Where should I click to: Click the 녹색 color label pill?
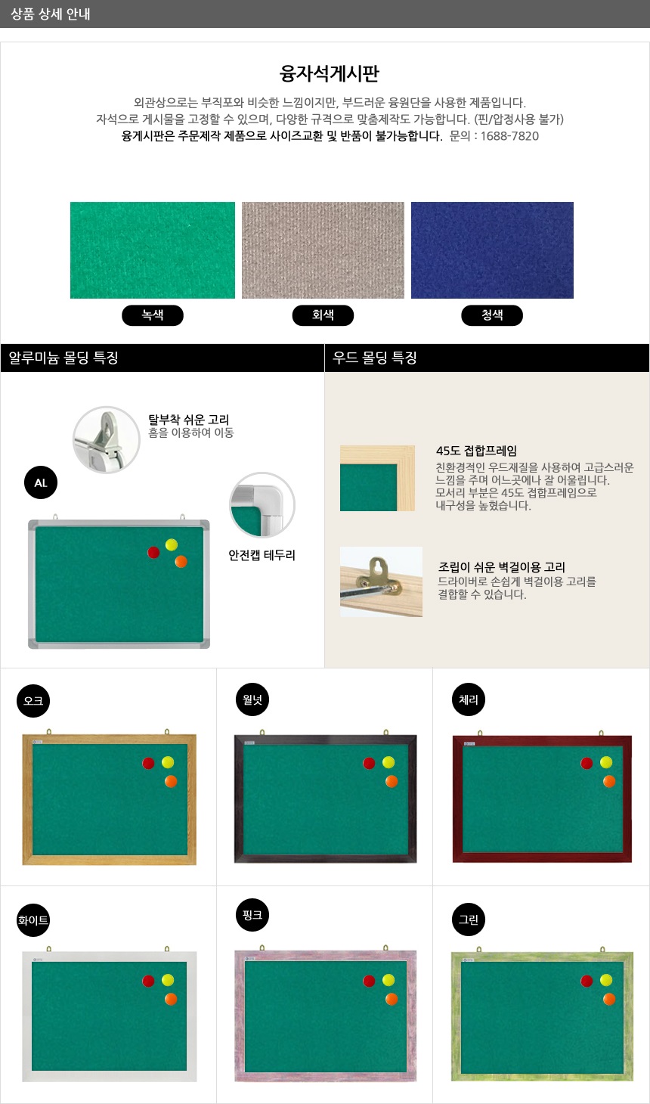152,315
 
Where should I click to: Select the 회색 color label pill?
323,315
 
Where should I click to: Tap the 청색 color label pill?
492,315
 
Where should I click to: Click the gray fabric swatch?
323,250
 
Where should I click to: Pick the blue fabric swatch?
492,250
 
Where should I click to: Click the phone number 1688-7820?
509,136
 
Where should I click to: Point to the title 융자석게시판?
330,73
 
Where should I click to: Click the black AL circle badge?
41,482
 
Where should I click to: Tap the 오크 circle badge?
33,700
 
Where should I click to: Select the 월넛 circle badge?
252,699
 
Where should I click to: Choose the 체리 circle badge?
469,699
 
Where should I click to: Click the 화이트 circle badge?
33,920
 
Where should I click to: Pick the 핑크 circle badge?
252,915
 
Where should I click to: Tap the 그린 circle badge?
469,919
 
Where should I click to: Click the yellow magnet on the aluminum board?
172,544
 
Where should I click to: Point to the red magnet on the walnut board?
369,764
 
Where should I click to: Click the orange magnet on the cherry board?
609,781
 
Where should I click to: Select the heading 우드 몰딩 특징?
375,358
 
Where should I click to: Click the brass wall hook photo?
381,581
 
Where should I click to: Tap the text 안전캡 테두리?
262,556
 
